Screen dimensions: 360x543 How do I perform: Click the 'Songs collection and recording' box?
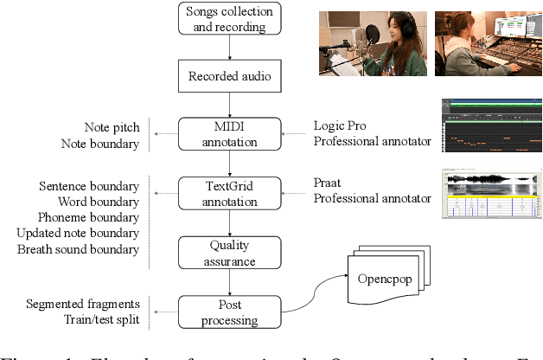[x=229, y=19]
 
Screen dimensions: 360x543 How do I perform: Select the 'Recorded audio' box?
[x=229, y=76]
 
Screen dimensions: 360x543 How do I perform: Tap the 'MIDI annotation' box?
[x=229, y=135]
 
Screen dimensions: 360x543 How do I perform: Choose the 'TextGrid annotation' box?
[x=229, y=192]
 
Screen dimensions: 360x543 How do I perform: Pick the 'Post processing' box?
[x=229, y=311]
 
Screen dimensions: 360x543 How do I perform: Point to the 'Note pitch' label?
[x=112, y=127]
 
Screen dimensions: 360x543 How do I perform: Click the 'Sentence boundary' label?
[x=89, y=186]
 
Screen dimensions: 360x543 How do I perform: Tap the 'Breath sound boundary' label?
[x=78, y=249]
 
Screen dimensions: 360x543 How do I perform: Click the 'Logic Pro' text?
[x=340, y=127]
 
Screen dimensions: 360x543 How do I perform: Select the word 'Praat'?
[x=330, y=183]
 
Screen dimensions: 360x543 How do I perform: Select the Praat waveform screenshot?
[x=490, y=193]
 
